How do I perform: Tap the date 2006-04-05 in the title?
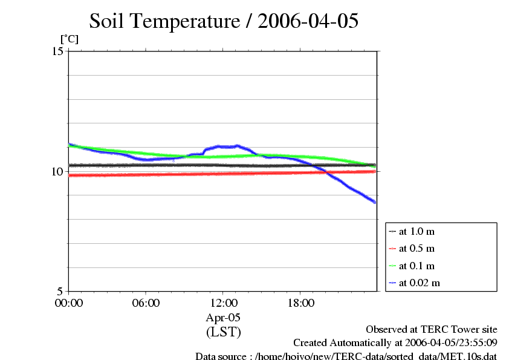[308, 21]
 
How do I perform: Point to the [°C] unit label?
[69, 39]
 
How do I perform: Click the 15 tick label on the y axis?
[57, 51]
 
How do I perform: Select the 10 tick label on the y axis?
[57, 171]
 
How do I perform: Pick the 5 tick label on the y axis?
[60, 291]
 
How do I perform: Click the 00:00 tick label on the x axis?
[69, 303]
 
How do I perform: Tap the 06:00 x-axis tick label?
[146, 303]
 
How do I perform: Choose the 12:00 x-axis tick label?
[223, 303]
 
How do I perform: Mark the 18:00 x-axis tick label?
[300, 303]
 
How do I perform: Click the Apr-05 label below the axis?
[223, 317]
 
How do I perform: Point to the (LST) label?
[223, 332]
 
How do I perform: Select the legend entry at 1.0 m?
[417, 232]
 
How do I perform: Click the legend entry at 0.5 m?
[417, 249]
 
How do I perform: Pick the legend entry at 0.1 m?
[417, 266]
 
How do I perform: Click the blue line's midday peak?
[237, 146]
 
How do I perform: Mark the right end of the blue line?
[375, 201]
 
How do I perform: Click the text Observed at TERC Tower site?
[432, 330]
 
